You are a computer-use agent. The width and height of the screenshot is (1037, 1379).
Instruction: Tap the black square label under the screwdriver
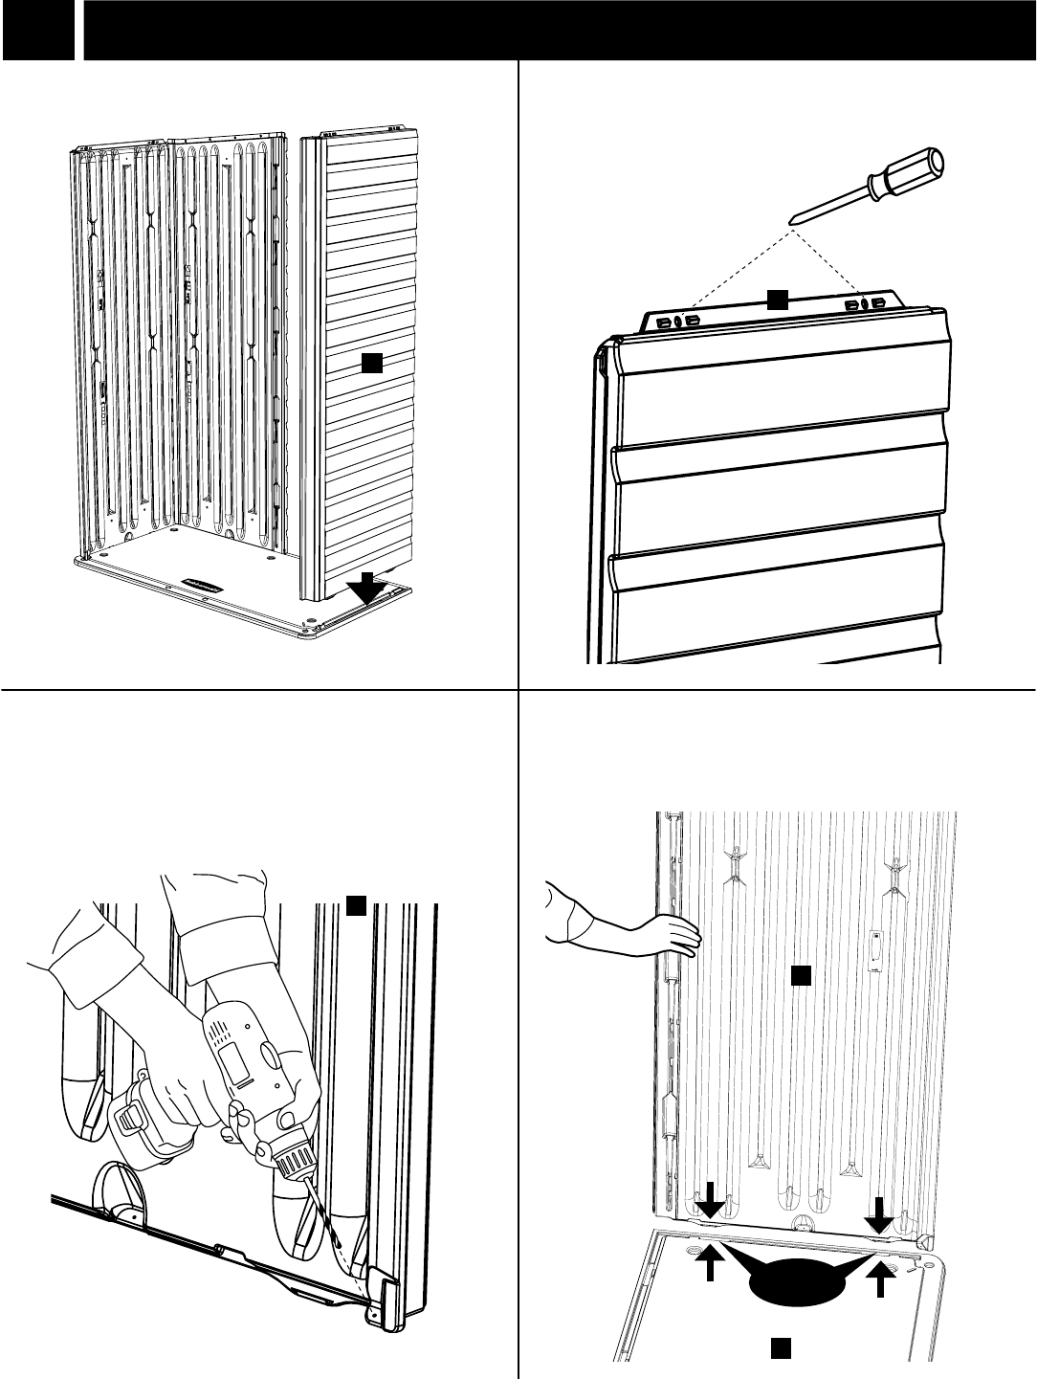(x=776, y=300)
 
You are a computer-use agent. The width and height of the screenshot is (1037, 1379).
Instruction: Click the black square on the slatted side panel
(x=371, y=363)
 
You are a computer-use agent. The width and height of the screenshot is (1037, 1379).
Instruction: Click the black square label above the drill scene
(x=355, y=905)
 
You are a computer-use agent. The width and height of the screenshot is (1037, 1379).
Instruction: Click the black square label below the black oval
(x=780, y=1347)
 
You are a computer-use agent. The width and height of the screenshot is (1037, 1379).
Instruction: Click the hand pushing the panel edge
(x=665, y=932)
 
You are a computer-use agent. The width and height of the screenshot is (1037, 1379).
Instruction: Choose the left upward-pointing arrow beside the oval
(x=709, y=1277)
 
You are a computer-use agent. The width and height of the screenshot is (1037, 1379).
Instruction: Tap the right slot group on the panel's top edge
(x=864, y=303)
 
